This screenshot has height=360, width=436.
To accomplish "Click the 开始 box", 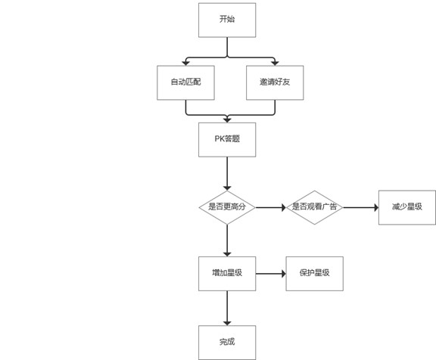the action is coord(227,20).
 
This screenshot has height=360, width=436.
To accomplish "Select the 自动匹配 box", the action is coord(185,82).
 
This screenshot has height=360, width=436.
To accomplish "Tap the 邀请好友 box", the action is coord(275,82).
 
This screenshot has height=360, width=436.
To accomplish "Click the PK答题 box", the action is coord(227,140).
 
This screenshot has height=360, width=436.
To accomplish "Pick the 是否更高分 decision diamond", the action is coord(227,207).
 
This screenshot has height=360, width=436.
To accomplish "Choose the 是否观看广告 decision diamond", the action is coord(314,207).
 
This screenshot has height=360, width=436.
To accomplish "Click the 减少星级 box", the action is coord(406,207).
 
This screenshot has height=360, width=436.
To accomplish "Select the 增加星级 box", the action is coord(227,274).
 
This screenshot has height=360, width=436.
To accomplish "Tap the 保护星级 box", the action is coord(314,274).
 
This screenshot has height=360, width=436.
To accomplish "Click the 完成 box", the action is coord(227,343).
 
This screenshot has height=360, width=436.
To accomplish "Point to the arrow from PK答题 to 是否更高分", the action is coord(227,174).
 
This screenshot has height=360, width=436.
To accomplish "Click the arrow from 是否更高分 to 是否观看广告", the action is coord(271,207).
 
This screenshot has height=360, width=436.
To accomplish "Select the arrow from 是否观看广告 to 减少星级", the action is coord(360,207).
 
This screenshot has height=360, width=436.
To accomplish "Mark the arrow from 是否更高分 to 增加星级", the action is coord(227,241).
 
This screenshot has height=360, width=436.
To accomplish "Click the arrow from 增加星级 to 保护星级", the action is coord(271,274).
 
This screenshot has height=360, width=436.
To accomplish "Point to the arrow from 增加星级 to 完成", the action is coord(227,308).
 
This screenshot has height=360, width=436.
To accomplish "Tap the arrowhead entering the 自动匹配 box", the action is coord(185,64).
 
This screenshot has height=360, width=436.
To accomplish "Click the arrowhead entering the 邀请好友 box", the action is coord(275,64).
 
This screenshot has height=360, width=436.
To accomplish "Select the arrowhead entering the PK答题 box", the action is coord(227,120).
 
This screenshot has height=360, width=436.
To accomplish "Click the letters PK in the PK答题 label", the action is coord(220,138).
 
